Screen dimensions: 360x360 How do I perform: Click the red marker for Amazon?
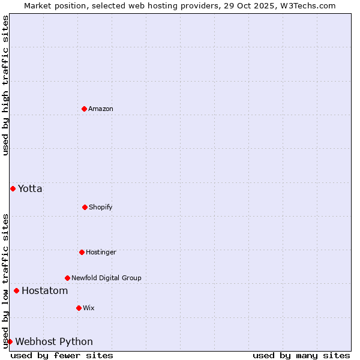[x=84, y=109]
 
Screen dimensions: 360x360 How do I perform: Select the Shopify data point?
[x=85, y=207]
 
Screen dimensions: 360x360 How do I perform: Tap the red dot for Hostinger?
[x=82, y=252]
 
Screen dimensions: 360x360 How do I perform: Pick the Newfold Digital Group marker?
[x=67, y=278]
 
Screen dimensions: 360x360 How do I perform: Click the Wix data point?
[x=79, y=308]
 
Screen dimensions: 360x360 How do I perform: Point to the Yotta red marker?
[x=13, y=188]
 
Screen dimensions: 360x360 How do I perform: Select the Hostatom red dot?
[x=16, y=290]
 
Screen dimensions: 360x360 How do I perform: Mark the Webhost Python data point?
[x=10, y=341]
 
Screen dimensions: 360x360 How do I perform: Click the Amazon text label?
[x=101, y=109]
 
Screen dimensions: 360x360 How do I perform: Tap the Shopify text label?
[x=101, y=207]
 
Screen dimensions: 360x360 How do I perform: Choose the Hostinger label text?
[x=101, y=252]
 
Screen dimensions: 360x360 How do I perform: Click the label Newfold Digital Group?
[x=106, y=278]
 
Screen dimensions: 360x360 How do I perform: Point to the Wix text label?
[x=89, y=308]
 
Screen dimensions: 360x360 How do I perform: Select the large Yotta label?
[x=30, y=188]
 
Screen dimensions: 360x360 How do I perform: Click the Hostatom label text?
[x=44, y=290]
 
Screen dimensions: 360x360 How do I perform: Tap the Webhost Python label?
[x=54, y=341]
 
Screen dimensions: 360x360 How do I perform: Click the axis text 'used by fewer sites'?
[x=62, y=355]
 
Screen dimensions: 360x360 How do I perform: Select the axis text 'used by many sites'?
[x=301, y=355]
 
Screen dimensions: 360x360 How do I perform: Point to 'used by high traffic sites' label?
[x=5, y=85]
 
